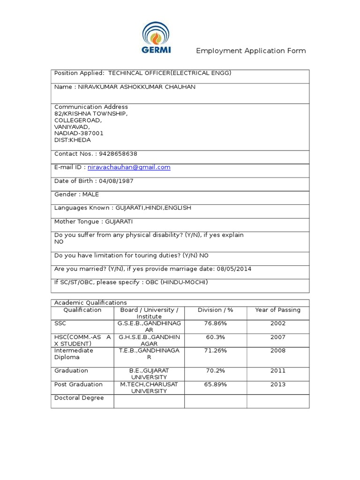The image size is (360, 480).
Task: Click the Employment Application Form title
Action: [x=251, y=51]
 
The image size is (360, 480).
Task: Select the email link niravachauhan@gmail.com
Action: [x=129, y=167]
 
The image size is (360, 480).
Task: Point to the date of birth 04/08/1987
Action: [x=116, y=181]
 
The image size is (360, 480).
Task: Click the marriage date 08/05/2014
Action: [x=234, y=269]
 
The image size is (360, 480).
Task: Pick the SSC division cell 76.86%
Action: [x=216, y=323]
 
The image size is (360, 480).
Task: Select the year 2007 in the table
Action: [x=278, y=337]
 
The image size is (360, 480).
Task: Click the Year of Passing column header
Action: [x=278, y=310]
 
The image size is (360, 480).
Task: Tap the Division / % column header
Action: [x=216, y=310]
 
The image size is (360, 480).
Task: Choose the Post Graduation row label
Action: [x=78, y=384]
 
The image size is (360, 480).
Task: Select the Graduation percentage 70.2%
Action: [x=216, y=371]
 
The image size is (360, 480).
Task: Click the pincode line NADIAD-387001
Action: [x=79, y=133]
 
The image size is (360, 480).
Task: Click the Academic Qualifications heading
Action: [x=90, y=303]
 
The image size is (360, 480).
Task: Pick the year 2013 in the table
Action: [x=278, y=384]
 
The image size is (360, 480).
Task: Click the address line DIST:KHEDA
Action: [x=73, y=140]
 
